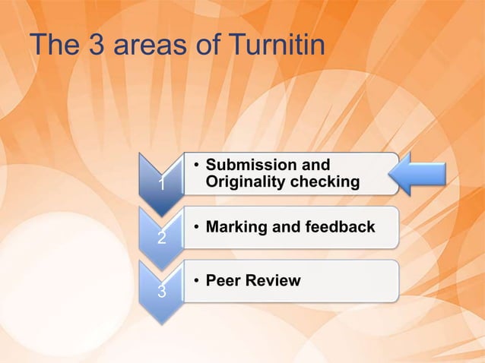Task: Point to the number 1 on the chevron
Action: tap(160, 185)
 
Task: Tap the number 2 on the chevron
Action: tap(160, 238)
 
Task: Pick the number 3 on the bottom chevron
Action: tap(160, 291)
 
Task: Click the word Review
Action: tap(273, 281)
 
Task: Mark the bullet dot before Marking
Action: tap(196, 228)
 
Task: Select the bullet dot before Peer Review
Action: tap(196, 282)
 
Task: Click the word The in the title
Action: tap(50, 46)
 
